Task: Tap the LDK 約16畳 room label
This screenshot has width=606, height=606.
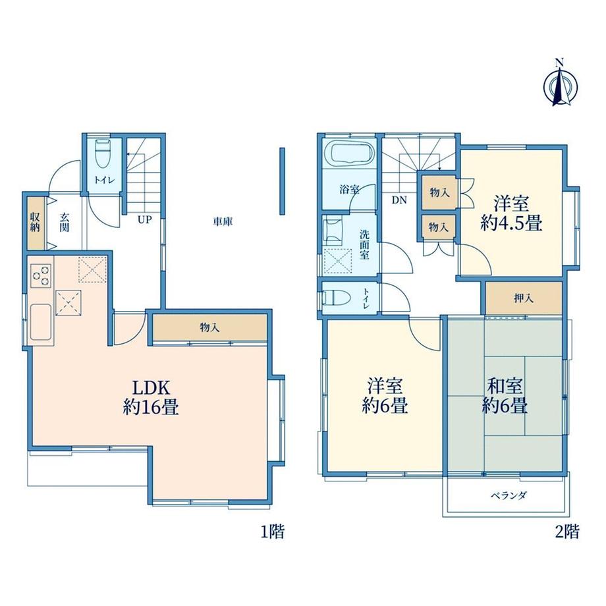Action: click(151, 397)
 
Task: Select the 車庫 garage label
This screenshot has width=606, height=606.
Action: click(223, 222)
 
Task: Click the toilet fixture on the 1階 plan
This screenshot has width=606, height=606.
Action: click(103, 153)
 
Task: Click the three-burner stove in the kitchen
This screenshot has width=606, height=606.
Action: click(41, 275)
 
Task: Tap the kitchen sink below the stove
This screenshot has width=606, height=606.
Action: click(41, 322)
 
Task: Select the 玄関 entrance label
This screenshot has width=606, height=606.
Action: click(64, 222)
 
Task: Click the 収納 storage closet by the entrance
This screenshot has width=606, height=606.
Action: click(36, 223)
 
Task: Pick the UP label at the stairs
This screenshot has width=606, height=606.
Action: click(144, 220)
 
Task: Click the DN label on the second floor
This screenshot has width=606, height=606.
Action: click(399, 200)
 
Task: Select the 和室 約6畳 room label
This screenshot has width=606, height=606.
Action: click(505, 396)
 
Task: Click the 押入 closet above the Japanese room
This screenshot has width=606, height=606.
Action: click(524, 298)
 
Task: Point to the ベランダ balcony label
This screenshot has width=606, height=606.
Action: click(509, 495)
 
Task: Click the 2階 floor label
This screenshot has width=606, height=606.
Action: click(567, 532)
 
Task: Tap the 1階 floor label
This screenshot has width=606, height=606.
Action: click(273, 532)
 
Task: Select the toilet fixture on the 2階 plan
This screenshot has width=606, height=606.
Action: click(337, 298)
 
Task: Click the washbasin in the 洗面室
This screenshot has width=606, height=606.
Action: click(333, 231)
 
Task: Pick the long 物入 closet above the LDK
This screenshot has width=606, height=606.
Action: click(210, 328)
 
